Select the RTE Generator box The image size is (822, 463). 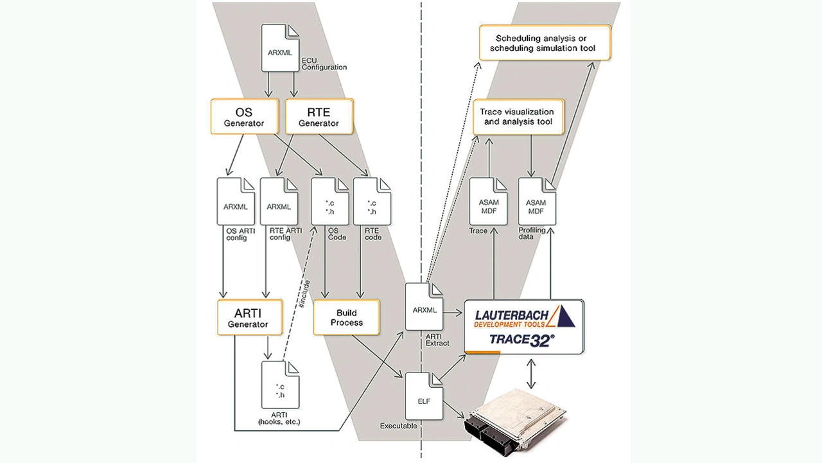319,116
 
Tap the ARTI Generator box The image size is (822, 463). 250,317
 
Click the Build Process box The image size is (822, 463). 347,317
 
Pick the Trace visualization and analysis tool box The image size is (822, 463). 518,116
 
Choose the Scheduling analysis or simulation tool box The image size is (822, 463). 545,42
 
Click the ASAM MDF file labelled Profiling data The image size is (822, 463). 536,202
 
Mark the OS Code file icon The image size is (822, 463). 329,200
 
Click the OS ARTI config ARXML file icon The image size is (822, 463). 236,200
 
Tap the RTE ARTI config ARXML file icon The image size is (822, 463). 279,200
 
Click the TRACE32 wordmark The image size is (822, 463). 522,339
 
